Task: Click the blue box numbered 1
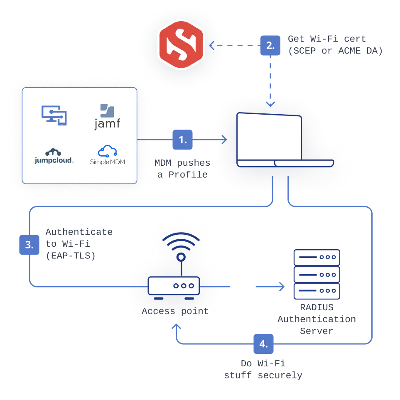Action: click(x=182, y=140)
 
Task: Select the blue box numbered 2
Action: click(x=270, y=45)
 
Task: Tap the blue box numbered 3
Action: click(x=29, y=244)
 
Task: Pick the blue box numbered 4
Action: click(x=263, y=344)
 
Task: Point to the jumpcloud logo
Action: click(x=54, y=156)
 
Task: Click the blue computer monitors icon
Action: click(x=54, y=115)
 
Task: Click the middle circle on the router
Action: click(x=183, y=286)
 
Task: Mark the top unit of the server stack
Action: click(x=317, y=257)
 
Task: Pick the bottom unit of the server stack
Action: click(x=317, y=290)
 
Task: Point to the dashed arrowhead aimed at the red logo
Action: click(x=211, y=45)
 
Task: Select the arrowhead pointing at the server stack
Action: click(x=283, y=286)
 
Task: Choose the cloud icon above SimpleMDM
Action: click(x=107, y=150)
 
